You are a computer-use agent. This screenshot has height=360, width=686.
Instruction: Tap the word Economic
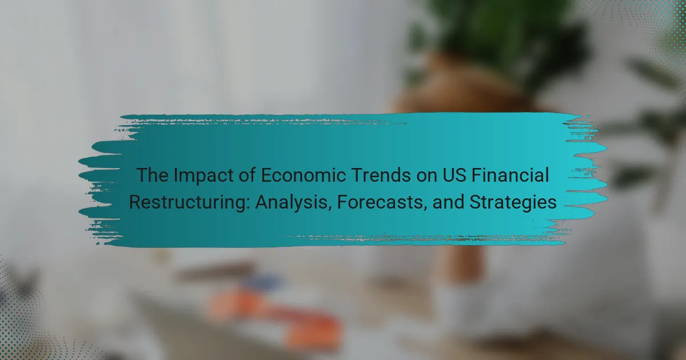tap(303, 175)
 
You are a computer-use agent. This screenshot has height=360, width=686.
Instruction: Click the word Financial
tap(510, 175)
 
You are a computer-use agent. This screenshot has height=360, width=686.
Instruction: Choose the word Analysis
tap(291, 203)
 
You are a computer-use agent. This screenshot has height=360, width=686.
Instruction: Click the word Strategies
tap(513, 203)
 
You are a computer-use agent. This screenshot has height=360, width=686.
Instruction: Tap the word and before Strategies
tap(448, 202)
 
